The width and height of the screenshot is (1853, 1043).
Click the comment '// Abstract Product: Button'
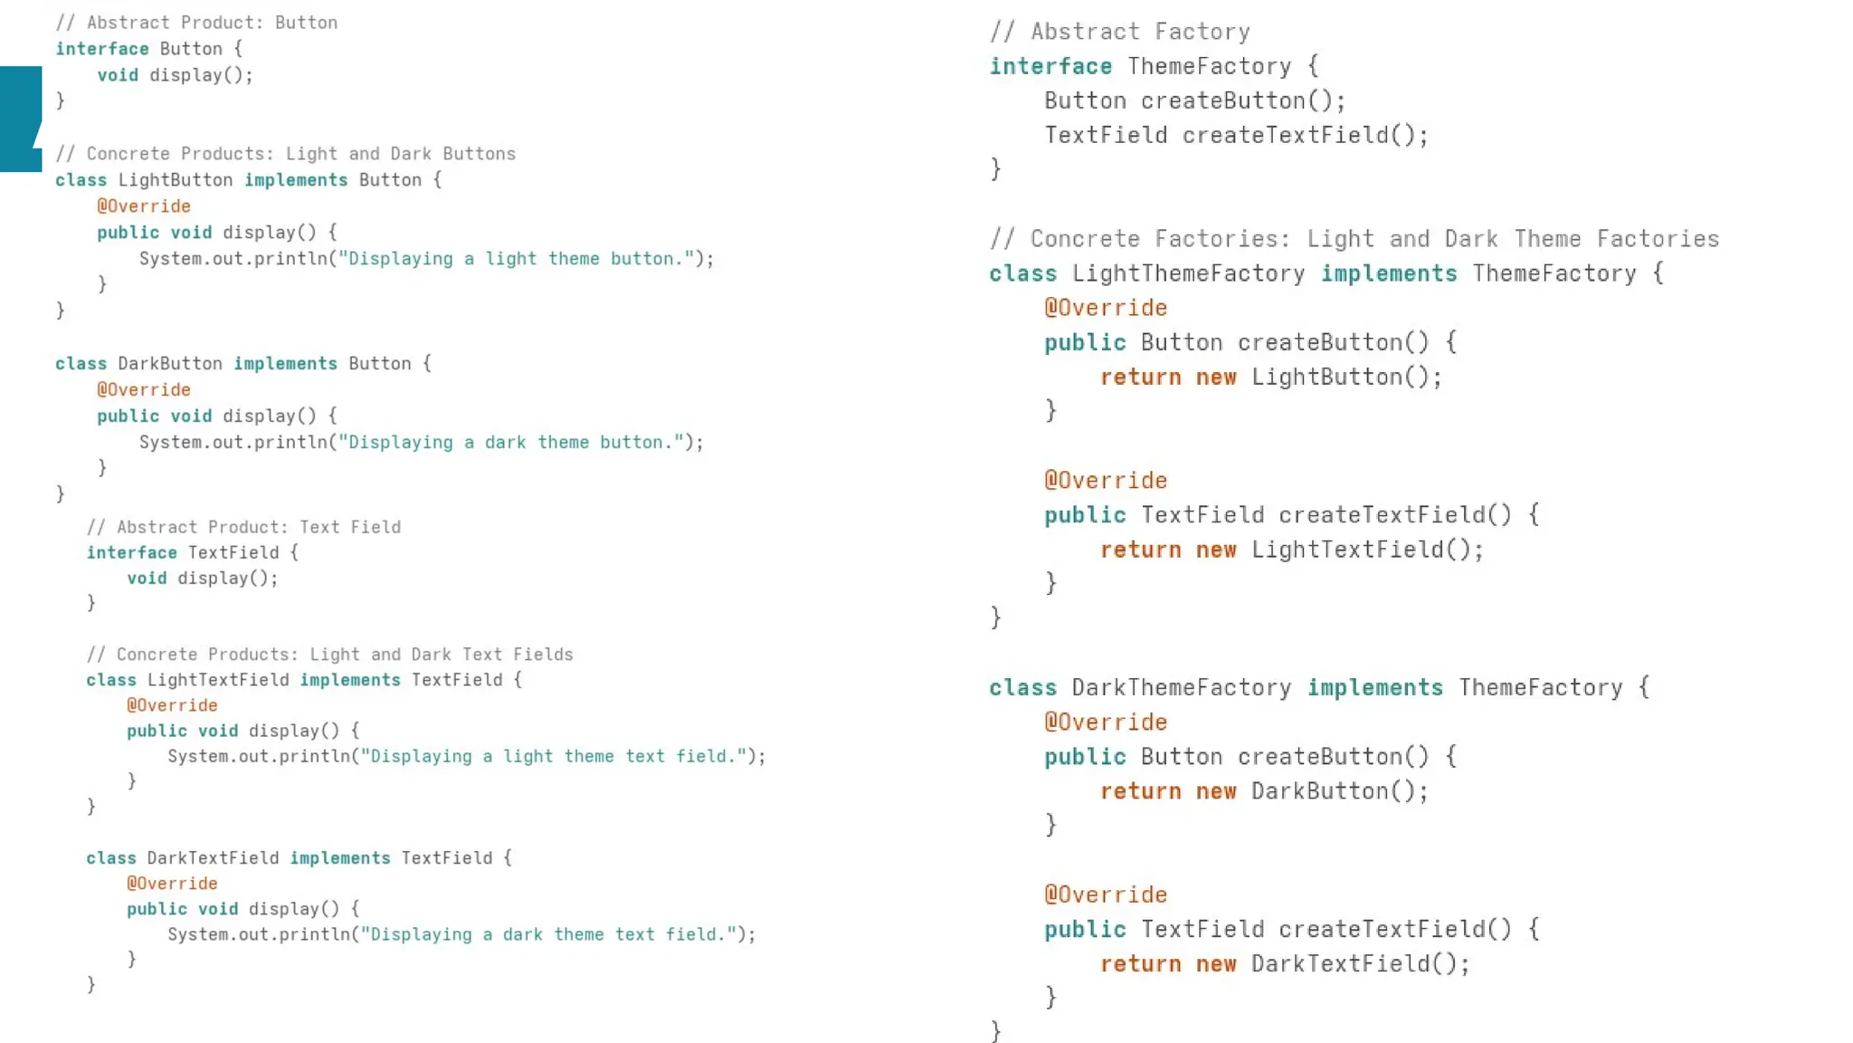tap(196, 23)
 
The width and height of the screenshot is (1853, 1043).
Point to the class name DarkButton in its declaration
tap(170, 364)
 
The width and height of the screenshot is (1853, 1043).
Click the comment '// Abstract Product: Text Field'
tap(243, 527)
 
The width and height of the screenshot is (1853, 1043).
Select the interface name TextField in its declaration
tap(233, 552)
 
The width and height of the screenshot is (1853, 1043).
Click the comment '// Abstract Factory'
tap(1119, 32)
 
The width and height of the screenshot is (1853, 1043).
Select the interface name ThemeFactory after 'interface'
tap(1209, 66)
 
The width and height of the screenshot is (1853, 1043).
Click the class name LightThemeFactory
tap(1188, 273)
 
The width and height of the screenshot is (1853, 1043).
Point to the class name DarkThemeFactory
tap(1181, 687)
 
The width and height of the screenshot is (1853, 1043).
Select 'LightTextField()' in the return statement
tap(1365, 550)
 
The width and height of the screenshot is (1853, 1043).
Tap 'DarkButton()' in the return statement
tap(1338, 791)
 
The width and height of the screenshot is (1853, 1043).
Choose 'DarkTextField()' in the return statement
tap(1359, 963)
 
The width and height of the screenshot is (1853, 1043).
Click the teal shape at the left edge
tap(20, 119)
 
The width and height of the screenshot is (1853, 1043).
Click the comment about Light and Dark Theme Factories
tap(1354, 239)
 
